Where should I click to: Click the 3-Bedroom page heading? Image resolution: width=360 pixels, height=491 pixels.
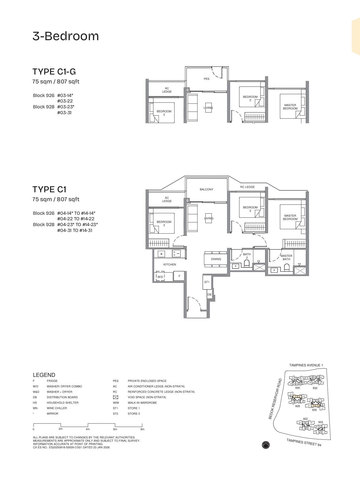click(x=66, y=36)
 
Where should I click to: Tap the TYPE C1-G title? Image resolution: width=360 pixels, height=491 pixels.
click(x=54, y=72)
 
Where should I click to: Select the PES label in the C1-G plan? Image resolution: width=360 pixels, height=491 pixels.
click(x=207, y=79)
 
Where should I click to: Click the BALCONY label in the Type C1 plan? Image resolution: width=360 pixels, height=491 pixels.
click(x=207, y=190)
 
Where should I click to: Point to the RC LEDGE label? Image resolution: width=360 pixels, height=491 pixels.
click(x=247, y=187)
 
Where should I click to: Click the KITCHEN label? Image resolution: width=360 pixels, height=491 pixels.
click(x=169, y=265)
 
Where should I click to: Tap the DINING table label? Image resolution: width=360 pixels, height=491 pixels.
click(x=216, y=259)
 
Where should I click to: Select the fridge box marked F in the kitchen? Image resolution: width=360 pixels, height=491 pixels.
click(x=179, y=276)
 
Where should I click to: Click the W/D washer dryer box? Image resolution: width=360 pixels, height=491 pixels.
click(x=160, y=277)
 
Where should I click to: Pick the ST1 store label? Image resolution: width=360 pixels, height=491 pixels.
click(x=207, y=282)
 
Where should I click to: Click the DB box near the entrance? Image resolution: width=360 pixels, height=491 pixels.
click(x=209, y=295)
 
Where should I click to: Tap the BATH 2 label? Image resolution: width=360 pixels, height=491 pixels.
click(x=247, y=256)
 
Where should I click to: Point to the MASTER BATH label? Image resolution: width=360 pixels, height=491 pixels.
click(x=286, y=257)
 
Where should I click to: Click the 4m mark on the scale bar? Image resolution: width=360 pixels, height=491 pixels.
click(x=88, y=429)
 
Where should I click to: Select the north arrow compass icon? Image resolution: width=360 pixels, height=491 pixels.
click(x=266, y=445)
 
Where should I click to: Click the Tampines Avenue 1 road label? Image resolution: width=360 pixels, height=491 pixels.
click(x=306, y=365)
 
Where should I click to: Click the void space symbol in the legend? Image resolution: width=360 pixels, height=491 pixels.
click(x=115, y=397)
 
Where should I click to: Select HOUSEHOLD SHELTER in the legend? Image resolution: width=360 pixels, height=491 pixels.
click(x=63, y=403)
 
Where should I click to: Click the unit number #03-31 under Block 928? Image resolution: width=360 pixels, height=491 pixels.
click(x=64, y=113)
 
